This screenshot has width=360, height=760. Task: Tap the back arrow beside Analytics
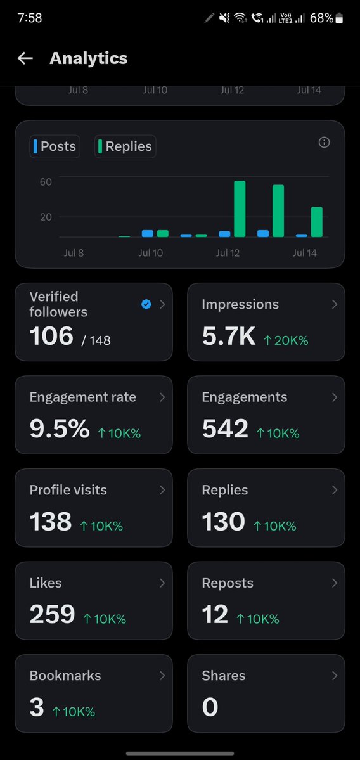pyautogui.click(x=25, y=59)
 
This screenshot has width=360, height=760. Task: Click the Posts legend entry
pyautogui.click(x=55, y=146)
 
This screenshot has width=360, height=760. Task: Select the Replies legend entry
pyautogui.click(x=125, y=146)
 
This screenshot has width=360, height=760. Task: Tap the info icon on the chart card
pyautogui.click(x=324, y=142)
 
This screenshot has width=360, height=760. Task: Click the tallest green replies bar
pyautogui.click(x=240, y=209)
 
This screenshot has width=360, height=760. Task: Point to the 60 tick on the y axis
pyautogui.click(x=46, y=183)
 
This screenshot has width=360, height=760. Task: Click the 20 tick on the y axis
pyautogui.click(x=46, y=217)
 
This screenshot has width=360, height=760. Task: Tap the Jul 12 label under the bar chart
pyautogui.click(x=228, y=253)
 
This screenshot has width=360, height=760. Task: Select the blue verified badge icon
pyautogui.click(x=146, y=304)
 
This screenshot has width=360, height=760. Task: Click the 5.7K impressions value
pyautogui.click(x=229, y=337)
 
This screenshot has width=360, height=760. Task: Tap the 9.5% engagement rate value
pyautogui.click(x=60, y=429)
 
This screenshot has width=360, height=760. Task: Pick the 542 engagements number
pyautogui.click(x=225, y=429)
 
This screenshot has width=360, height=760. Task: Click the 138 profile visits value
pyautogui.click(x=51, y=522)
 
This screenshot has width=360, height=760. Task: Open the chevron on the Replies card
pyautogui.click(x=334, y=490)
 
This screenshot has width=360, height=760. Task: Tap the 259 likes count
pyautogui.click(x=53, y=615)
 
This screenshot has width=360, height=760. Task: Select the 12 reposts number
pyautogui.click(x=215, y=615)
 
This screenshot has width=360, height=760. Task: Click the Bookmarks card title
pyautogui.click(x=65, y=676)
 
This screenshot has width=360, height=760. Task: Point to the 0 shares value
pyautogui.click(x=210, y=707)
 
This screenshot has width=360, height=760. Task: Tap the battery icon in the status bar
pyautogui.click(x=339, y=18)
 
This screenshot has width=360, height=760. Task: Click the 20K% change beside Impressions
pyautogui.click(x=286, y=340)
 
